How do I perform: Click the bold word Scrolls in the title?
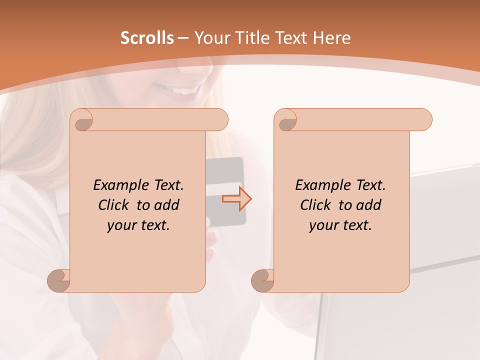pos(147,38)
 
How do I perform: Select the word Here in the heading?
pos(332,38)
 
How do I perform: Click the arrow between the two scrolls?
pos(236,198)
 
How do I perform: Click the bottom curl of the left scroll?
pos(59,280)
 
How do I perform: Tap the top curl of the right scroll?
pos(286,120)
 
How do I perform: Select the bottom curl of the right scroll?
pos(263,280)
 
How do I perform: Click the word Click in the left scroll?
pos(114,205)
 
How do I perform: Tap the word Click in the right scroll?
pos(315,205)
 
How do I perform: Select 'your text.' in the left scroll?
pos(138,225)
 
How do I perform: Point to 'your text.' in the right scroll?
pos(340,225)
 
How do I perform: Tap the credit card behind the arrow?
pos(227,170)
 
